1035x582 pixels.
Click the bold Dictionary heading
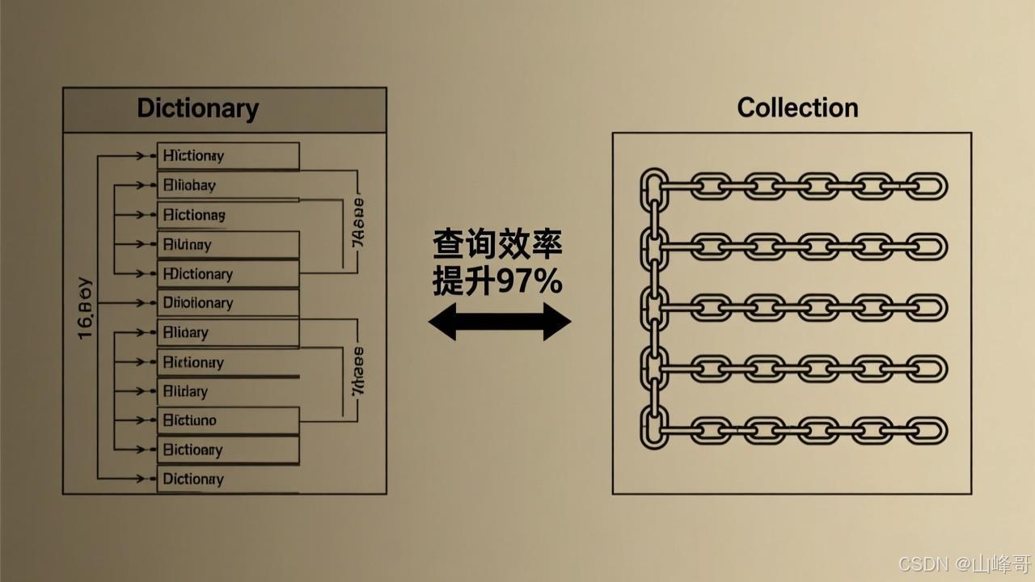pos(198,108)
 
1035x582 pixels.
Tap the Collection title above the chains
pos(797,108)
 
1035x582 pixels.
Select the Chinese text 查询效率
pos(497,243)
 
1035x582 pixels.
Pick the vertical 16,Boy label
pos(85,310)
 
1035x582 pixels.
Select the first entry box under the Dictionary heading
pos(228,156)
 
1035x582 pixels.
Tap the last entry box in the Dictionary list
pos(228,479)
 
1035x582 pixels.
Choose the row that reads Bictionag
pos(228,215)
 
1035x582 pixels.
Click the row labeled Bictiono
pos(228,420)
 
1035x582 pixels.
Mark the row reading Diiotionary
pos(228,303)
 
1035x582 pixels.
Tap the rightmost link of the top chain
pos(926,186)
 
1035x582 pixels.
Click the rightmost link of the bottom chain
pos(926,431)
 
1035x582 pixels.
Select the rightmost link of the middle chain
pos(926,308)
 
